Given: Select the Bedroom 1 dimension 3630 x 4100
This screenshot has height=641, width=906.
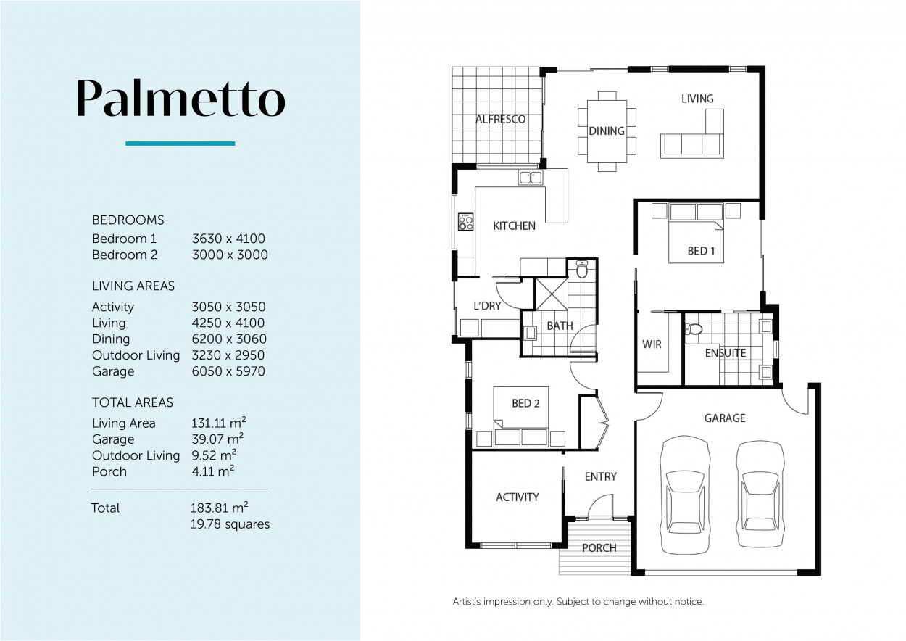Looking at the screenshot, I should (229, 239).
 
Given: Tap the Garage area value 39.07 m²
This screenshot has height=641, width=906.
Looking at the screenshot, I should (217, 439).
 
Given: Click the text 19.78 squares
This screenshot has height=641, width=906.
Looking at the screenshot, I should (229, 524).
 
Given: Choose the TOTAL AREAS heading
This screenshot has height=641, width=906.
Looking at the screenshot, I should (133, 402).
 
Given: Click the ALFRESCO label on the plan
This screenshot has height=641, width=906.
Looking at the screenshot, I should (500, 119).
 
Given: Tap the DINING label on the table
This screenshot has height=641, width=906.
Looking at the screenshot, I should (607, 131).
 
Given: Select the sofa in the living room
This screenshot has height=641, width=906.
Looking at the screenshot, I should (692, 143).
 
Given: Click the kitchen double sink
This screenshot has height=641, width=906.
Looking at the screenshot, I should (531, 177).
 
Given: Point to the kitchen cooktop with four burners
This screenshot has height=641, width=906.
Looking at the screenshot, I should (465, 222).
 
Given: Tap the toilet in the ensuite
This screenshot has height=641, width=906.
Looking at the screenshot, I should (695, 329).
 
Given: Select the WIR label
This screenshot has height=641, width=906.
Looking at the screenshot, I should (652, 344).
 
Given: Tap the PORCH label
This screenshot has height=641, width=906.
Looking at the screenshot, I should (599, 547).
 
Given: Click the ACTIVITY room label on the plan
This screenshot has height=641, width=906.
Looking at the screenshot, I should (518, 497).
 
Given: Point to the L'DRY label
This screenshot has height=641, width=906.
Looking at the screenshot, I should (487, 306).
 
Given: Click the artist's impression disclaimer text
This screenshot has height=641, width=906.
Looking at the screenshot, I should (578, 601).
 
